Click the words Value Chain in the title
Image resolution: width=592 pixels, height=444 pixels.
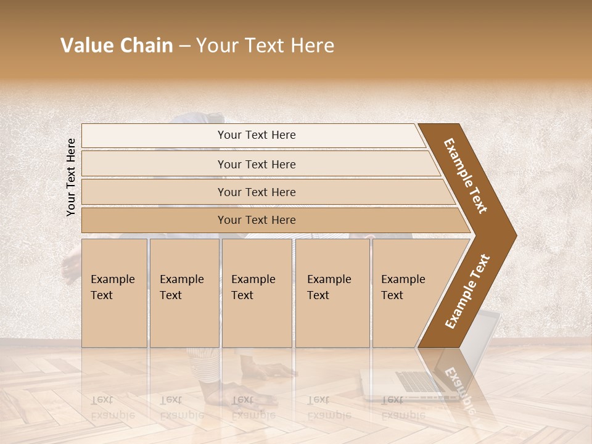tap(117, 46)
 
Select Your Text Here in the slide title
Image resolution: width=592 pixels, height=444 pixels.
tap(265, 46)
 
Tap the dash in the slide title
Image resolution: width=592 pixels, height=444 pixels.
tap(184, 46)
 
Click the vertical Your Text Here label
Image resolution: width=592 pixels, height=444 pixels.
tap(72, 177)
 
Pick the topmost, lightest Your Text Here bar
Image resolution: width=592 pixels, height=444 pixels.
tap(257, 135)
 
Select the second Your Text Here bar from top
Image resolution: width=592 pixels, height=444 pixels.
tap(257, 164)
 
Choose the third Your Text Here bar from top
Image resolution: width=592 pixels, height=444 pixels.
tap(257, 192)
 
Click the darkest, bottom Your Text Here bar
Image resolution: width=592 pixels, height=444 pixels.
tap(257, 220)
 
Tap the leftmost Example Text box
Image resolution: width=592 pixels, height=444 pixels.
tap(114, 292)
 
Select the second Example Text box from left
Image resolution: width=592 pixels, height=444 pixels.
tap(184, 292)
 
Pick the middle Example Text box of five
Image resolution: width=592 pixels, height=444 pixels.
tap(256, 292)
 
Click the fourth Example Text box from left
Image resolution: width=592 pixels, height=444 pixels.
tap(332, 292)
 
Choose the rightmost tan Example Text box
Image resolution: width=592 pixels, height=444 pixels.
tap(407, 292)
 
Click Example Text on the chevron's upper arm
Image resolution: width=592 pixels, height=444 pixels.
tap(466, 176)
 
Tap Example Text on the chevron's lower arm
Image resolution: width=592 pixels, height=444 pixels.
tap(467, 291)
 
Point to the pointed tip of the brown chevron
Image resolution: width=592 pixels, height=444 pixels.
tap(515, 235)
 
